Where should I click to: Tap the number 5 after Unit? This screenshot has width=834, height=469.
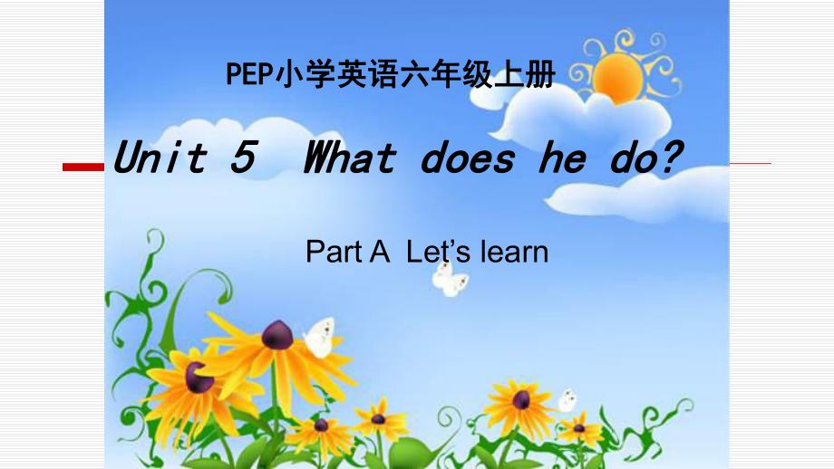tap(241, 159)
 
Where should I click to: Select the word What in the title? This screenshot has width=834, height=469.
tap(350, 159)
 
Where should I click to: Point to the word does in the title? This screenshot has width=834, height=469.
tap(468, 159)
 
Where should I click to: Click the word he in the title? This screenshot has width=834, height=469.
tap(562, 159)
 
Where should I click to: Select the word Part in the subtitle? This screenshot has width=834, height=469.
tap(334, 251)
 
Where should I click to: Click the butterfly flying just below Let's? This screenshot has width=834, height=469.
tap(450, 278)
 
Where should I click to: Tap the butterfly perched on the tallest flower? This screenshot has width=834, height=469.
tap(319, 337)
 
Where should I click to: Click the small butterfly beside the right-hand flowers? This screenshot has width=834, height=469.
tap(567, 399)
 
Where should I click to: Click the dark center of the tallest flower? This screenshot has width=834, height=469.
tap(277, 335)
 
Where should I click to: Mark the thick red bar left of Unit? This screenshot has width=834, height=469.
tap(82, 167)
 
